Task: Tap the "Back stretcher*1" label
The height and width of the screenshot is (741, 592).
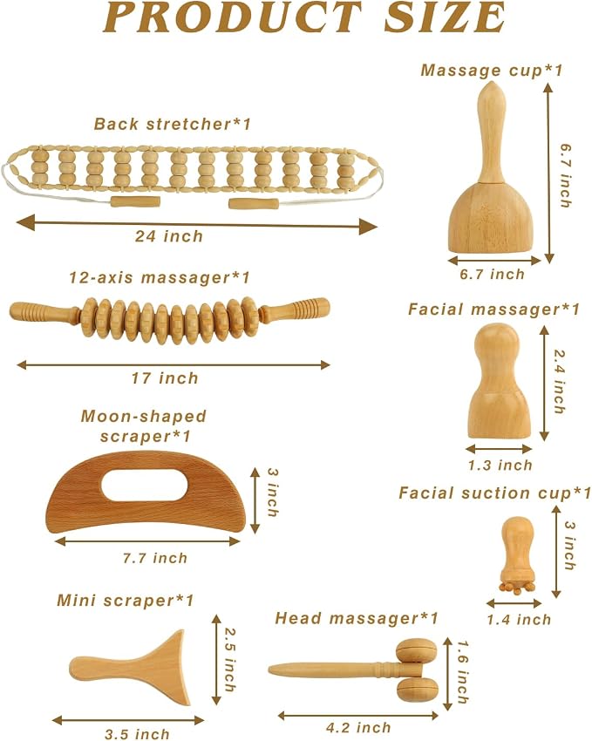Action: point(173,124)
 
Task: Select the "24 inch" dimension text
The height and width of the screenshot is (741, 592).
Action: point(169,236)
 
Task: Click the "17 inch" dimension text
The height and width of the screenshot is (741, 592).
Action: point(165,378)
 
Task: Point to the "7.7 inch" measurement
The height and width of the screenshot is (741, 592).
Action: point(155,558)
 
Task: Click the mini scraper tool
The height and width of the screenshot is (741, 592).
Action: point(130,667)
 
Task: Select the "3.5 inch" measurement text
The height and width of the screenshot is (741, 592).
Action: point(137,734)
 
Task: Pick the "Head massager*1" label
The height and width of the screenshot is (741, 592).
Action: point(357,618)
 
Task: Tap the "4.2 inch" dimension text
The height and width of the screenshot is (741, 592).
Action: point(358,727)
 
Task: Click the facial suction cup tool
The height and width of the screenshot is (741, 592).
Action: point(517,555)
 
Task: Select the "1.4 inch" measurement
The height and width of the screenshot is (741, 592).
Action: point(520,620)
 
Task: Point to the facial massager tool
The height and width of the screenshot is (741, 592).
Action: point(499,381)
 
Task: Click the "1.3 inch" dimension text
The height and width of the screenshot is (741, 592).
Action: point(500,465)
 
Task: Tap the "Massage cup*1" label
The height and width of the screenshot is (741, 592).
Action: point(493,71)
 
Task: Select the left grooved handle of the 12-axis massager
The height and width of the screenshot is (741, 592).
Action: point(44,311)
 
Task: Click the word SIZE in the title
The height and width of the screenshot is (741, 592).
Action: point(444,17)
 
